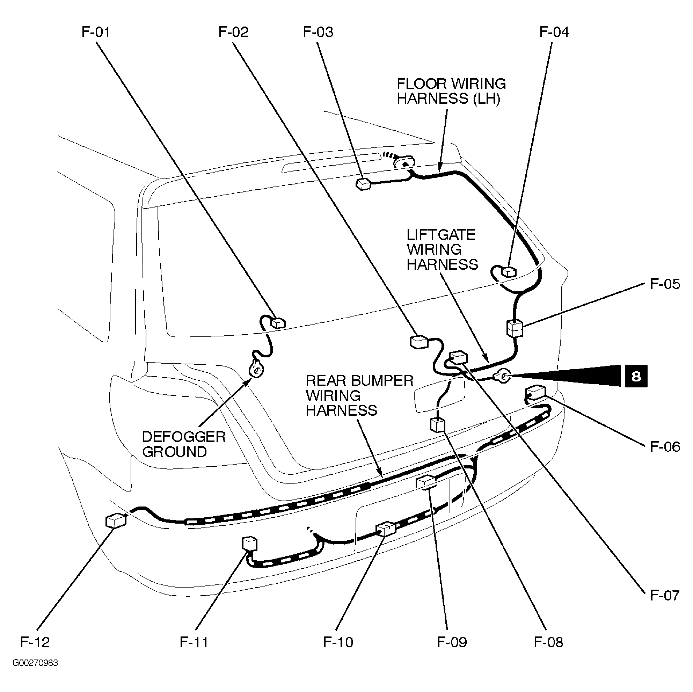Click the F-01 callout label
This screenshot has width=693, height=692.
[x=95, y=32]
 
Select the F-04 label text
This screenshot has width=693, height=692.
[x=554, y=32]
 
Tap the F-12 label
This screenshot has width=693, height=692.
[x=35, y=642]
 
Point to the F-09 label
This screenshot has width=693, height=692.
[x=452, y=642]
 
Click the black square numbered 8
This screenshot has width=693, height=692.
[x=636, y=376]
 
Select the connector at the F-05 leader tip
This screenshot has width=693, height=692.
[x=515, y=328]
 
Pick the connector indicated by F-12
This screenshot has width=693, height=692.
[x=116, y=520]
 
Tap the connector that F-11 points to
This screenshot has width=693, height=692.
[x=250, y=544]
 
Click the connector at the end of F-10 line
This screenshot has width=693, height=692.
[x=385, y=529]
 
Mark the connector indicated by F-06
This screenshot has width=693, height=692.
[x=535, y=392]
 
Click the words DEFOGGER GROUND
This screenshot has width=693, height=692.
[x=183, y=444]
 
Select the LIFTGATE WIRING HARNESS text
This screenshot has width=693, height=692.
[x=442, y=250]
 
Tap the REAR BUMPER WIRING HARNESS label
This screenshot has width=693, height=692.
[x=359, y=395]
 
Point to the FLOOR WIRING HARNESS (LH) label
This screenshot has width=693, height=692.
[x=451, y=91]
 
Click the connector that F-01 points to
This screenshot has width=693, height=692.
[x=278, y=323]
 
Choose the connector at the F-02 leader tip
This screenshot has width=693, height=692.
[x=418, y=342]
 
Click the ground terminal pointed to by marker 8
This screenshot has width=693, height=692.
[x=502, y=376]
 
